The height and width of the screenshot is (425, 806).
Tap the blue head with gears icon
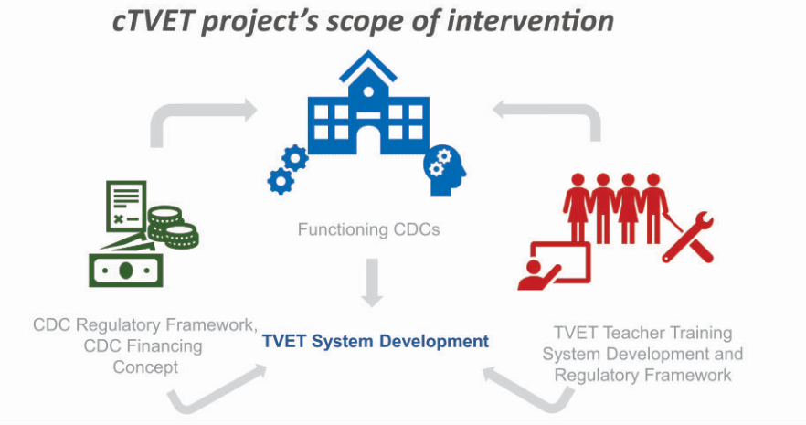pyautogui.click(x=444, y=170)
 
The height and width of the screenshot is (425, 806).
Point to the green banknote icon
pyautogui.click(x=126, y=270)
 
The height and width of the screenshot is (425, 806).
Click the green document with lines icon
pyautogui.click(x=126, y=206)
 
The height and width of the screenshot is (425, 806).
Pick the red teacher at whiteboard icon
pyautogui.click(x=554, y=266)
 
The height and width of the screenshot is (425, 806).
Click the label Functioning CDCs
pyautogui.click(x=368, y=229)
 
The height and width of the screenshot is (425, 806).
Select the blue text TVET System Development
pyautogui.click(x=376, y=341)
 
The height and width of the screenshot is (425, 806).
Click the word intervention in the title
pyautogui.click(x=530, y=21)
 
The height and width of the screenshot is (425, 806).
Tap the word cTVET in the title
pyautogui.click(x=153, y=22)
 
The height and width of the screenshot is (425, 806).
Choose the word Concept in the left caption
pyautogui.click(x=145, y=367)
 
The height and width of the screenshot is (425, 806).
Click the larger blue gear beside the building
pyautogui.click(x=295, y=158)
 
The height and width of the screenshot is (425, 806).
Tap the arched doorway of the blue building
pyautogui.click(x=368, y=140)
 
